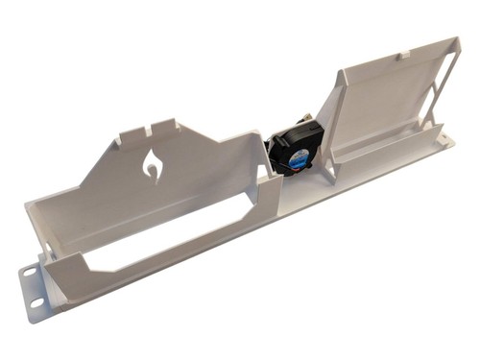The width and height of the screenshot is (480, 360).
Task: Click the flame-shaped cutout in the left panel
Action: point(153,165)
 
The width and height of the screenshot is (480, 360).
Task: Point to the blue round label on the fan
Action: point(300,156)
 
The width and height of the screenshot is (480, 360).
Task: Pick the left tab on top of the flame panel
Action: point(118,138)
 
